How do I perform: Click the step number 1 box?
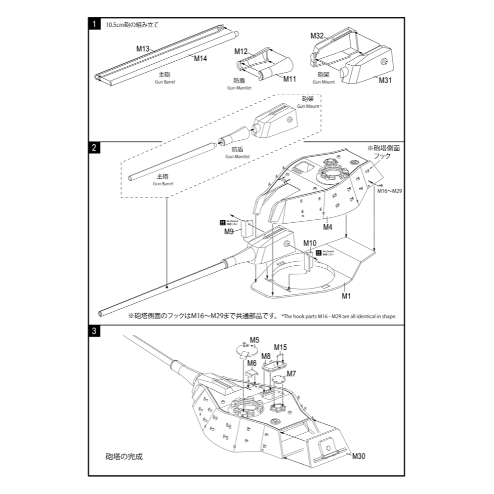point(94,24)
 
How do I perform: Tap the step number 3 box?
point(94,330)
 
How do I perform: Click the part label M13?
point(143,49)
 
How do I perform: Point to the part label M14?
point(200,59)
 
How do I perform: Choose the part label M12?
point(241,51)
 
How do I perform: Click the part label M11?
point(289,79)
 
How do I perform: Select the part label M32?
point(317,36)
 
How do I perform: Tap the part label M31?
point(385,80)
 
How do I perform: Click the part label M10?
point(310,244)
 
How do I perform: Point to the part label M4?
point(327,227)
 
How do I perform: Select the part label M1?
point(346,296)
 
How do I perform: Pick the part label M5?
point(254,340)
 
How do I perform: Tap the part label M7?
point(291,373)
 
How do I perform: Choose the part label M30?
point(359,456)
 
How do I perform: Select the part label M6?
point(252,363)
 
